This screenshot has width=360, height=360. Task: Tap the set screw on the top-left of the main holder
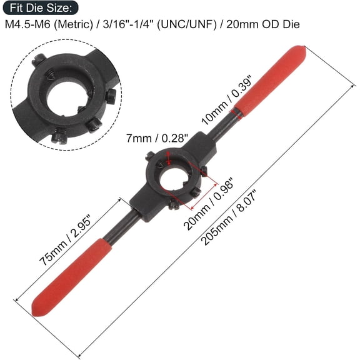[151, 157]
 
